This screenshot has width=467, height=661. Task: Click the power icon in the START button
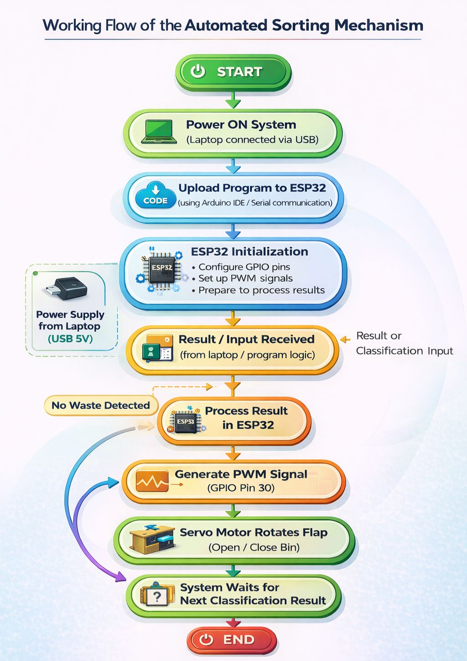click(198, 72)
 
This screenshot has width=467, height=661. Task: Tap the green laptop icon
click(159, 132)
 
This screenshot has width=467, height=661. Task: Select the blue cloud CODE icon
click(156, 195)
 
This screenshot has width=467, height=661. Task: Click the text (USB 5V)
click(70, 339)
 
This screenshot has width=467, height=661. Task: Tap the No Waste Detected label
click(100, 405)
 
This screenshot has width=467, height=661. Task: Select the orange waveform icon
click(152, 481)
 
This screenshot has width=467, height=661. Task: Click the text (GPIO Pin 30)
click(241, 488)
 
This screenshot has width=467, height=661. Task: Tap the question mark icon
click(157, 596)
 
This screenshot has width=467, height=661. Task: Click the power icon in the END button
click(207, 640)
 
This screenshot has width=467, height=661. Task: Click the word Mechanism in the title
click(379, 25)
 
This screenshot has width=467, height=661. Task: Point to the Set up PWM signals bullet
click(245, 278)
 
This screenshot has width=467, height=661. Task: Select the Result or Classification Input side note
click(404, 343)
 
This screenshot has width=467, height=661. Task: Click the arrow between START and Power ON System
click(233, 100)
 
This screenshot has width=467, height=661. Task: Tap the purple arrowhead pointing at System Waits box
click(121, 577)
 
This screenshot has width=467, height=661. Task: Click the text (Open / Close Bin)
click(254, 547)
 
